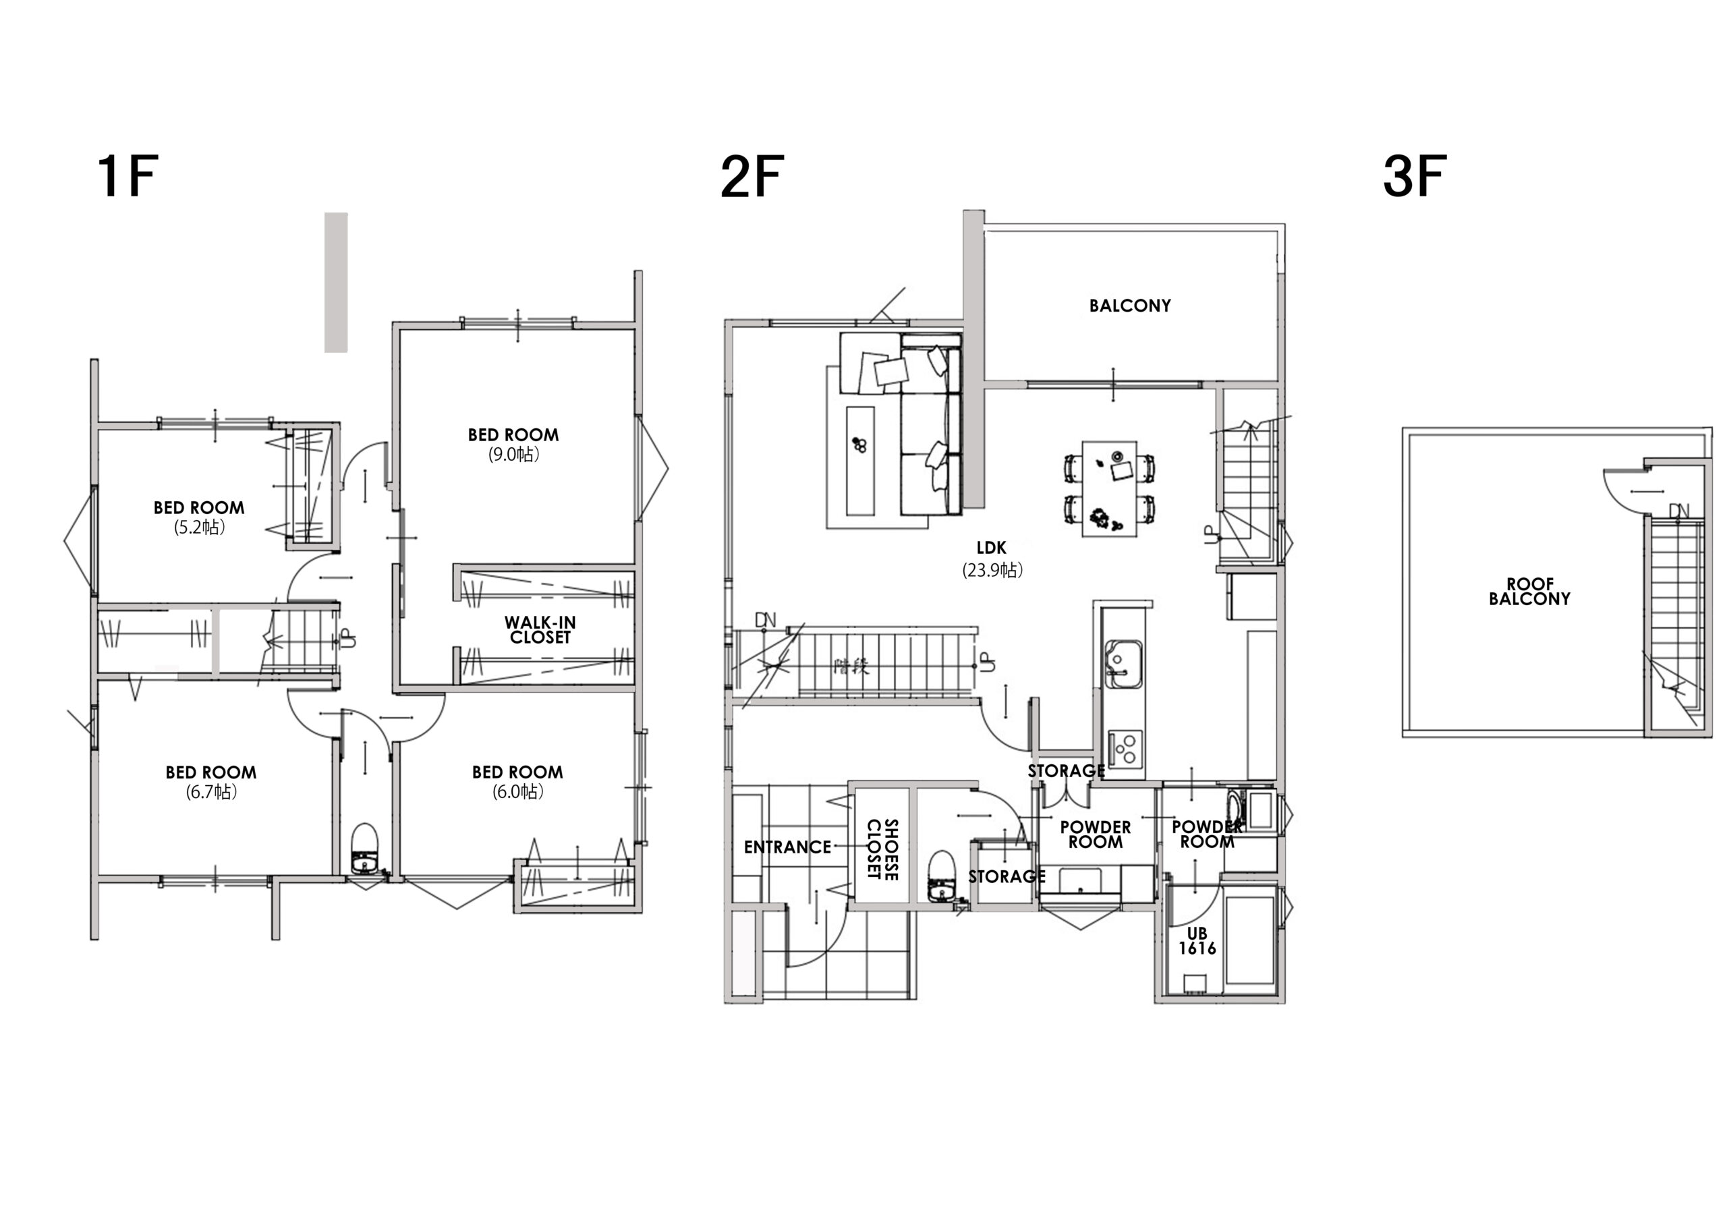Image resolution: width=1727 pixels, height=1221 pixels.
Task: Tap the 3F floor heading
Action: [x=1414, y=176]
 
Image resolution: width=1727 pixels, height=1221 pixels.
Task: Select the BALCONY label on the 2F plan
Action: [x=1130, y=306]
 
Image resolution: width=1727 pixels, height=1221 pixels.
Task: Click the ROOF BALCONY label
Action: [x=1529, y=592]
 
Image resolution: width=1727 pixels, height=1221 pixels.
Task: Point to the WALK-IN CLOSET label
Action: [x=540, y=629]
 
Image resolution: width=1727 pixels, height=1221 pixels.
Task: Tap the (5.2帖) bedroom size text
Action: [x=199, y=528]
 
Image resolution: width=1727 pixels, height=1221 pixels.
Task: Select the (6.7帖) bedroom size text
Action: [x=211, y=791]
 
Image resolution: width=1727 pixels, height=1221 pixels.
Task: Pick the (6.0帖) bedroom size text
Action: [x=517, y=791]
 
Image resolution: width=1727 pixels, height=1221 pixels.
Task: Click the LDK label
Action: [x=992, y=548]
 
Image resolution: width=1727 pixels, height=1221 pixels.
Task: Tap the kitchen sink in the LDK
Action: [x=1123, y=664]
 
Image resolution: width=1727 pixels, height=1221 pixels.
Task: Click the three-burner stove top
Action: [x=1125, y=749]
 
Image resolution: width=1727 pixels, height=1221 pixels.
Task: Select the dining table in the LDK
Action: [x=1110, y=489]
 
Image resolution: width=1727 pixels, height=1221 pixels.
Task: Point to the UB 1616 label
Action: [x=1197, y=941]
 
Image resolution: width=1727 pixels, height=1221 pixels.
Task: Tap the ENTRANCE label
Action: [x=787, y=847]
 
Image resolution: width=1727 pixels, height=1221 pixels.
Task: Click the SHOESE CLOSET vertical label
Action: [x=882, y=849]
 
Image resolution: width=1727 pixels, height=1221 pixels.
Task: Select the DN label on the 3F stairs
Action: [x=1679, y=511]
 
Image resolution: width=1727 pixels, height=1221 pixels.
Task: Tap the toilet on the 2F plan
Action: [x=941, y=876]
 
